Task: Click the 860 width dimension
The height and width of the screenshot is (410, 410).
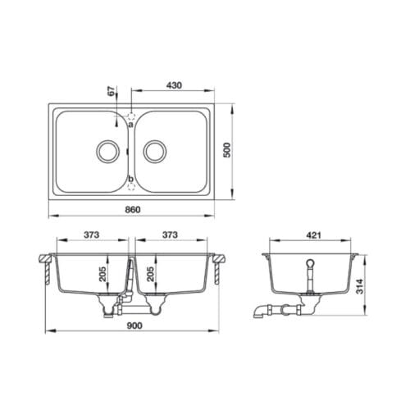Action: tap(133, 210)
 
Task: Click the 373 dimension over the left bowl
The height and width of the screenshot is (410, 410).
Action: tap(92, 235)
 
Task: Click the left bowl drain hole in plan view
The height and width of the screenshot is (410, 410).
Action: tap(107, 151)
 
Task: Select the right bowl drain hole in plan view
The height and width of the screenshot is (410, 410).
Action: tap(156, 151)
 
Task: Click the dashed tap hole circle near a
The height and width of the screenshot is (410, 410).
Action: tap(131, 116)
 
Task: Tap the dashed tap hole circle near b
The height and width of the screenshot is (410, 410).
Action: tap(131, 187)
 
